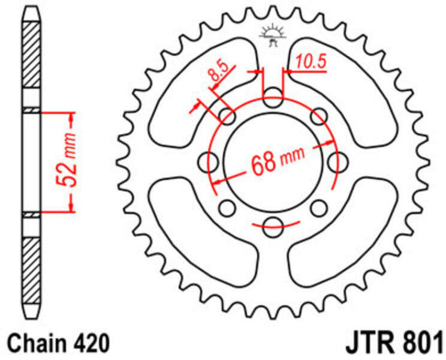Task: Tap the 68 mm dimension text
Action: [x=278, y=161]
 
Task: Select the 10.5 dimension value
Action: [x=311, y=61]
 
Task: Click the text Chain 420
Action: [x=58, y=343]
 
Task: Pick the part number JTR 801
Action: [x=394, y=343]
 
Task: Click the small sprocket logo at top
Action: [x=272, y=35]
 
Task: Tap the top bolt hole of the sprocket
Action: [x=273, y=97]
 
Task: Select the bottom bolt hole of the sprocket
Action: [x=273, y=227]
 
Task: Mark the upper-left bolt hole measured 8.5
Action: [x=227, y=116]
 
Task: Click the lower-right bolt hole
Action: [x=319, y=208]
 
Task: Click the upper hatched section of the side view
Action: [x=31, y=54]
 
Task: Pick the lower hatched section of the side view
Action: [x=31, y=271]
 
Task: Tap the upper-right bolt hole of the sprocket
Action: [x=319, y=116]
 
